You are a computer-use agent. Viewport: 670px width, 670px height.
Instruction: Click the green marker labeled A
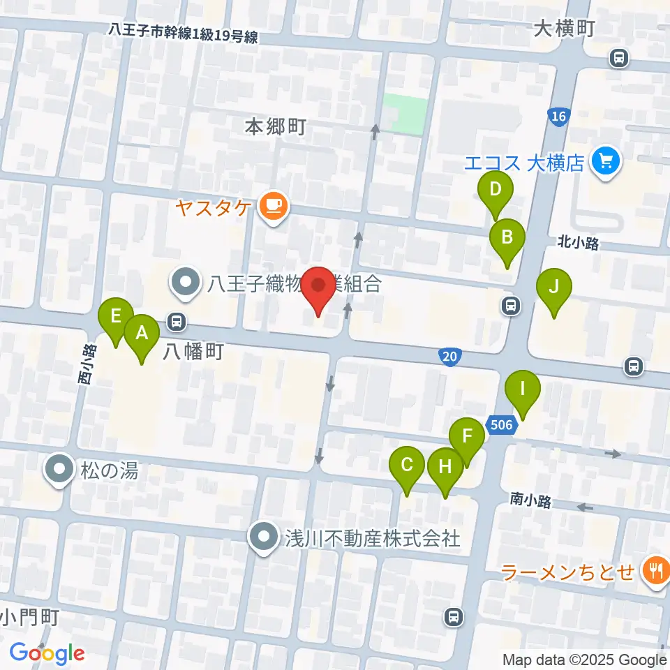point(142,334)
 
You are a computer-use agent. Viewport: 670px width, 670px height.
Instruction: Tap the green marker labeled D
point(496,190)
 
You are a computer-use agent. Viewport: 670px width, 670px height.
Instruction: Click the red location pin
point(319,286)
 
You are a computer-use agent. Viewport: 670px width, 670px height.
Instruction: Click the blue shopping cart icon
point(604,162)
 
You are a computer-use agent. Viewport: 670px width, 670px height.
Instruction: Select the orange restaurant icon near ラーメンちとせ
point(655,572)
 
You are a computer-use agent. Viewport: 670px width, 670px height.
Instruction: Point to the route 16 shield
point(558,117)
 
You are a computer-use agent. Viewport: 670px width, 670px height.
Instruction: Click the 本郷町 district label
point(276,127)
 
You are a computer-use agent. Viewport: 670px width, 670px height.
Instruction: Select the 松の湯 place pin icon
point(60,469)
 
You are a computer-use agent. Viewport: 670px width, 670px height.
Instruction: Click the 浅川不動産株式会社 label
point(372,538)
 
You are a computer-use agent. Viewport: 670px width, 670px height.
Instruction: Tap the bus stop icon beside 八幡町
point(177,322)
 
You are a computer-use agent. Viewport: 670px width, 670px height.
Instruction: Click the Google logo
point(47,653)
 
